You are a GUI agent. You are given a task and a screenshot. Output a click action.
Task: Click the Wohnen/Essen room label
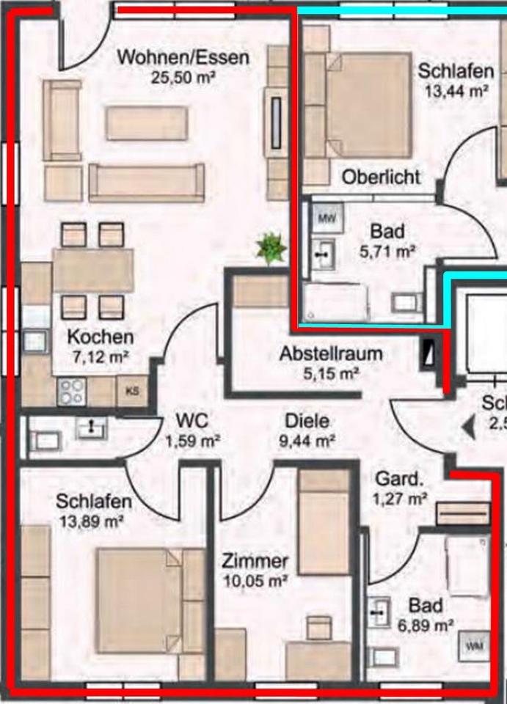click(x=183, y=56)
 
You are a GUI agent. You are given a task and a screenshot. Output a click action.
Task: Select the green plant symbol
click(x=271, y=249)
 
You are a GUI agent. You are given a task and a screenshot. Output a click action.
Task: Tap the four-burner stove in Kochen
click(x=72, y=391)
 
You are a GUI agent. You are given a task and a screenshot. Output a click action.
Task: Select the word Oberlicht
click(x=382, y=177)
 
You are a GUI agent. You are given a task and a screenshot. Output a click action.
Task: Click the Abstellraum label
click(x=331, y=353)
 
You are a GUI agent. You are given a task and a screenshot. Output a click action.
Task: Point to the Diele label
click(x=307, y=421)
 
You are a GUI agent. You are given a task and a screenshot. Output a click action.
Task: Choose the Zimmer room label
click(x=255, y=562)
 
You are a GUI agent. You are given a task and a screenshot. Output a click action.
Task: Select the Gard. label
click(x=399, y=480)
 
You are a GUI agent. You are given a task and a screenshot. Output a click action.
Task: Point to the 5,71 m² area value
click(x=387, y=252)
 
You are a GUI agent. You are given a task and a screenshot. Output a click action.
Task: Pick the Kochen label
click(x=101, y=337)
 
